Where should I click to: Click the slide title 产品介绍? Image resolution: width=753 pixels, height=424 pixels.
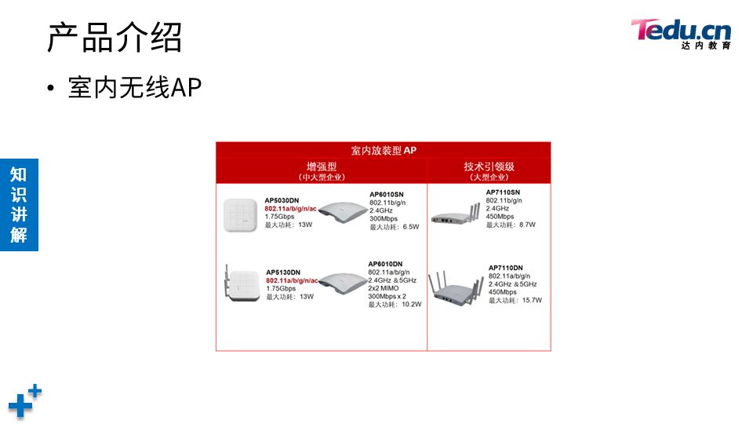point(115,37)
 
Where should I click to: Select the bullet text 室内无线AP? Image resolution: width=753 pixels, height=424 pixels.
point(135,88)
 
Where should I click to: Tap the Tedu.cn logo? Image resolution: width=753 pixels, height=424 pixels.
point(681,34)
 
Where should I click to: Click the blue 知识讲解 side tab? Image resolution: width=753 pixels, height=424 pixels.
point(19,204)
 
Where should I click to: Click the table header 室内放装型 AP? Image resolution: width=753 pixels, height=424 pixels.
point(384,150)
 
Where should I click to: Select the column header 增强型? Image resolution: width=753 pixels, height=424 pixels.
point(322,166)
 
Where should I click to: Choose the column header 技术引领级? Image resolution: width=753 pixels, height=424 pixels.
point(489,166)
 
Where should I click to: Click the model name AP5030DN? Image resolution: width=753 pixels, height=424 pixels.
point(282,200)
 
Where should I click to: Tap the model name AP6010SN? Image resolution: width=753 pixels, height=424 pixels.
point(387,194)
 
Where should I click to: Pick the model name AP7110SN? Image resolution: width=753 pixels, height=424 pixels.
point(503,192)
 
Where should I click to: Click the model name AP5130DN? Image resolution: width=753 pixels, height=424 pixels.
point(283,272)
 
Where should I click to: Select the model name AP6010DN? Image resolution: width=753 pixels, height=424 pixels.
point(385,264)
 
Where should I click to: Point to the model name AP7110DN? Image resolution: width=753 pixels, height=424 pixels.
point(505,268)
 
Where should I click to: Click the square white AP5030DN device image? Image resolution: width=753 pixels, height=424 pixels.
point(240,214)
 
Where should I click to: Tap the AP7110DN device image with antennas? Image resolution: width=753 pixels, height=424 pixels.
point(460,287)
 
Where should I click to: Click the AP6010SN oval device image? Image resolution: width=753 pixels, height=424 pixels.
point(341,214)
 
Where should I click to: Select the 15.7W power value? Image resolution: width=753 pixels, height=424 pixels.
point(532,300)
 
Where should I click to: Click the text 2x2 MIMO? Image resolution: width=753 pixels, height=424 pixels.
point(385,288)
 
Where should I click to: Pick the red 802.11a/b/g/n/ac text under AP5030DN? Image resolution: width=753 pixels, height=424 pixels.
point(291,208)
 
